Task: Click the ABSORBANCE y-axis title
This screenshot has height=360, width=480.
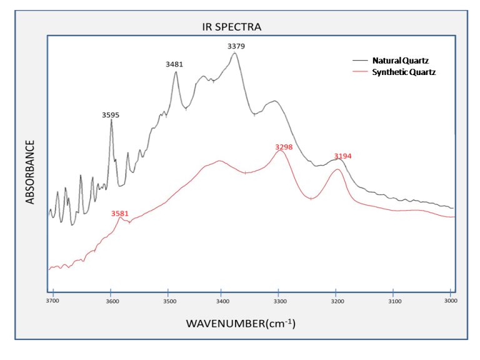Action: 30,172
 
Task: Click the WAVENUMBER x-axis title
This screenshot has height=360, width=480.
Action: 240,324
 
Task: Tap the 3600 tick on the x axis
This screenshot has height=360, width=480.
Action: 111,301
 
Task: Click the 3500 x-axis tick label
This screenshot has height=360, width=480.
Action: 168,301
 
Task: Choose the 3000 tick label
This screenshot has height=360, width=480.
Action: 451,301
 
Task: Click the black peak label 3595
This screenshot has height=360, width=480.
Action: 111,115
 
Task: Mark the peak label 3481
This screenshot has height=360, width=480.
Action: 174,64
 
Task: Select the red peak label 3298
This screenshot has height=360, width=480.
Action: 284,147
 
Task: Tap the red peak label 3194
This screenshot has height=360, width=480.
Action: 342,156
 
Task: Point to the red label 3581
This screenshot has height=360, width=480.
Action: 119,213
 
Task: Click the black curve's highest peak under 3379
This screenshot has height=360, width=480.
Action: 235,54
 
